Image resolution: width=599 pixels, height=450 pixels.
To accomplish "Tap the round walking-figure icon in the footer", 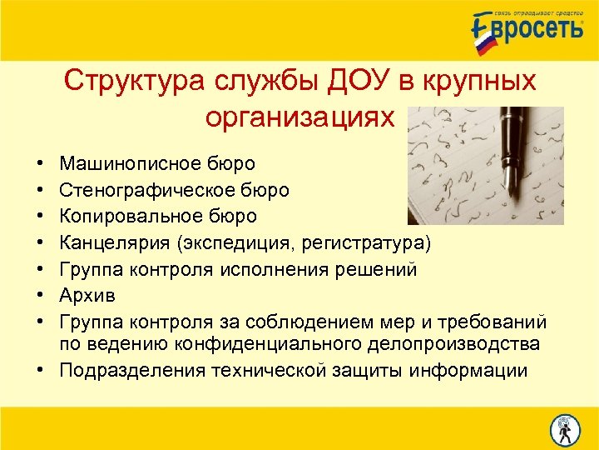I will (565, 428).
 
